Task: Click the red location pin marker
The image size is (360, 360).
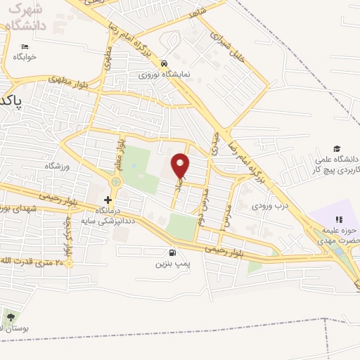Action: click(x=181, y=165)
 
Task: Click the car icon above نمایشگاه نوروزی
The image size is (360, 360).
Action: click(x=163, y=62)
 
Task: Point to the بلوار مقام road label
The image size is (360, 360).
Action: click(x=120, y=154)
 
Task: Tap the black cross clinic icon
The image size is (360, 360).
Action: click(x=108, y=200)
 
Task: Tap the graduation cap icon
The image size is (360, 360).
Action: click(x=338, y=149)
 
